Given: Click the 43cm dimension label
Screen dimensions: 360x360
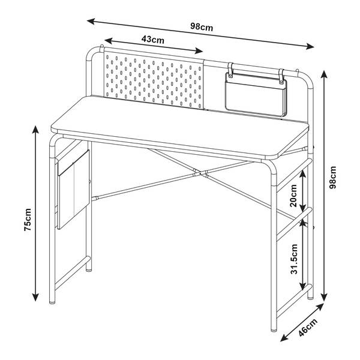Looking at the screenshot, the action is [152, 40].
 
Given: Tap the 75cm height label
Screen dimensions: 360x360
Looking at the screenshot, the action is [28, 220].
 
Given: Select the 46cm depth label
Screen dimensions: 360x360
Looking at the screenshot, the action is [308, 327].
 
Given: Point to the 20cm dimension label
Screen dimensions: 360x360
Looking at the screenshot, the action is [293, 196].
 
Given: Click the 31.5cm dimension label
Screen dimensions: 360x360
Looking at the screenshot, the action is [294, 259].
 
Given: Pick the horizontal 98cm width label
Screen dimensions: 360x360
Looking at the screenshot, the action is [202, 28].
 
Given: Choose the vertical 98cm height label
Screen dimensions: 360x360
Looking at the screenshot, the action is [332, 177].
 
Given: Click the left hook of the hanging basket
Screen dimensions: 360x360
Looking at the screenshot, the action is [230, 69].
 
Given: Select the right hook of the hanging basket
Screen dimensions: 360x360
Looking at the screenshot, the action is [281, 76].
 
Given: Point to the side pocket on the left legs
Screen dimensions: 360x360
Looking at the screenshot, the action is [73, 190].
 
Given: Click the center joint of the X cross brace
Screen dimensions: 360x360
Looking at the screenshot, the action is [200, 173].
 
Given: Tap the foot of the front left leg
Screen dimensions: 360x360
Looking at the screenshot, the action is [52, 302].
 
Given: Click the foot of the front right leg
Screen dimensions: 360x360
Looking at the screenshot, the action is [274, 329].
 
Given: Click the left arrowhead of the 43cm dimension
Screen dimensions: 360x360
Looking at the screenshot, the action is [108, 41].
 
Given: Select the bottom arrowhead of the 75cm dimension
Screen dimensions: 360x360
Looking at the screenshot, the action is [35, 297].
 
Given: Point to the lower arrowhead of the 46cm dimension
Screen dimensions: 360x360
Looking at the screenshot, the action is [284, 338].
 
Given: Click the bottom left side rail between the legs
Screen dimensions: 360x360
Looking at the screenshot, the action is [72, 273].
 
